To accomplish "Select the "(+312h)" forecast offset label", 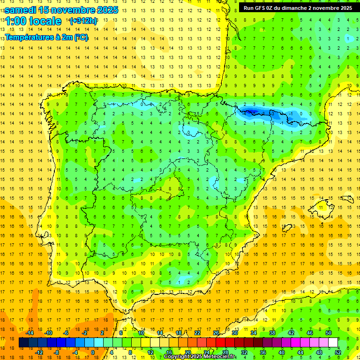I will tap(83, 21).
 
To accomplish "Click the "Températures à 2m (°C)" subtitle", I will tap(46, 37).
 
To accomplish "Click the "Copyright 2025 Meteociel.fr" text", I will tap(200, 357).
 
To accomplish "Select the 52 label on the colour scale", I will tap(338, 352).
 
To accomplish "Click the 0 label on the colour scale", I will tap(92, 352).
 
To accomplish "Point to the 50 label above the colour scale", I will tap(329, 333).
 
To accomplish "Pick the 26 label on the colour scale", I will tap(216, 333).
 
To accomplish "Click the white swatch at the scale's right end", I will tap(333, 343).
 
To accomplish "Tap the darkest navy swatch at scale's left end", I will tap(23, 343).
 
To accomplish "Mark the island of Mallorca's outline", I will tap(325, 204).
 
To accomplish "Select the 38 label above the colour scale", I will tap(272, 333).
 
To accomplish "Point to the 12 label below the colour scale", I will tap(150, 352).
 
